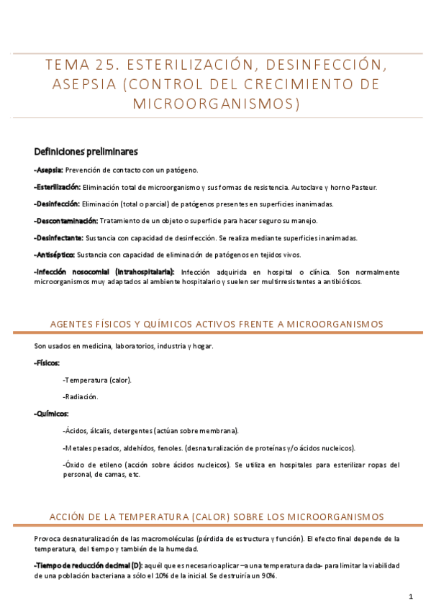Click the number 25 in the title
pos(118,65)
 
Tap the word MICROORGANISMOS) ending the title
pos(216,104)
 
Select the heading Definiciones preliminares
pos(86,152)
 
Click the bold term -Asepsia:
pos(48,170)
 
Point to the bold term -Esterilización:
pos(57,187)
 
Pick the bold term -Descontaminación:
pos(65,220)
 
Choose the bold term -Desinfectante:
pos(58,237)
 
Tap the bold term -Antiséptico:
pos(54,255)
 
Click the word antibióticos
pos(339,281)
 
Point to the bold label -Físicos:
pos(47,363)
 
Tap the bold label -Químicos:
pos(51,414)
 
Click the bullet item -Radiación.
pos(81,396)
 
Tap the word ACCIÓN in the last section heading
pos(65,516)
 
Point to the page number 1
pos(410,596)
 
